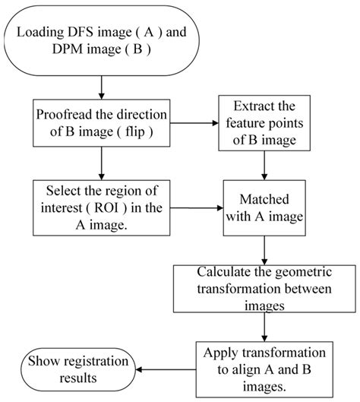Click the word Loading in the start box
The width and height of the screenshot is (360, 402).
[40, 33]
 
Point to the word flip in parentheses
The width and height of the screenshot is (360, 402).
[135, 131]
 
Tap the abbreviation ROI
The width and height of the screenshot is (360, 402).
[106, 207]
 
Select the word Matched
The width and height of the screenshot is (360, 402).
[264, 199]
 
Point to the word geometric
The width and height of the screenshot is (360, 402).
[303, 273]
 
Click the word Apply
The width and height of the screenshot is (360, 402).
[221, 353]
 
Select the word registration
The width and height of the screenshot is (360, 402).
[96, 362]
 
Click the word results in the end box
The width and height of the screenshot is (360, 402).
[78, 378]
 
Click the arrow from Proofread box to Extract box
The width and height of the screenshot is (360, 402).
[194, 123]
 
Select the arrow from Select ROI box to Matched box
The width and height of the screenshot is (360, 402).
[197, 208]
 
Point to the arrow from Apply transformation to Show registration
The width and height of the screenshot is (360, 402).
[166, 369]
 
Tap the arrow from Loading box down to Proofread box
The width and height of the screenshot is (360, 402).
[102, 87]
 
